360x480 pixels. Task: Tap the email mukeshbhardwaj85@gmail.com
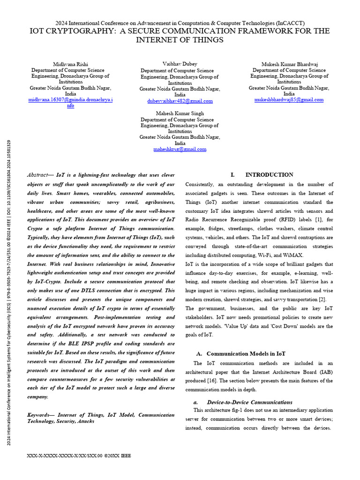[289, 99]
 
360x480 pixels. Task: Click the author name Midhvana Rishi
[70, 64]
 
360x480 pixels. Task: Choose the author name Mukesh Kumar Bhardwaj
[289, 64]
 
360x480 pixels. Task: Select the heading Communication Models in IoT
[246, 353]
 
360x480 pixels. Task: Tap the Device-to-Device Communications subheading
[249, 402]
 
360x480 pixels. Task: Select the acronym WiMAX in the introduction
[292, 255]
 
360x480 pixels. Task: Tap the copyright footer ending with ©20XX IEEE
[79, 455]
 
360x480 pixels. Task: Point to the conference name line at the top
[180, 23]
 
